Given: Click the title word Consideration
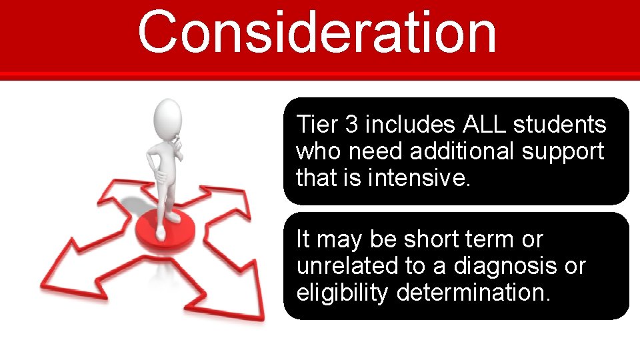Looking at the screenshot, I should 317,32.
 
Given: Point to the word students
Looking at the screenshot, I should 560,125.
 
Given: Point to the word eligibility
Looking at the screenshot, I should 342,293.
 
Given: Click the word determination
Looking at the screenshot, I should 474,293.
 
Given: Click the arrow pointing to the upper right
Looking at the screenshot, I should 223,200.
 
